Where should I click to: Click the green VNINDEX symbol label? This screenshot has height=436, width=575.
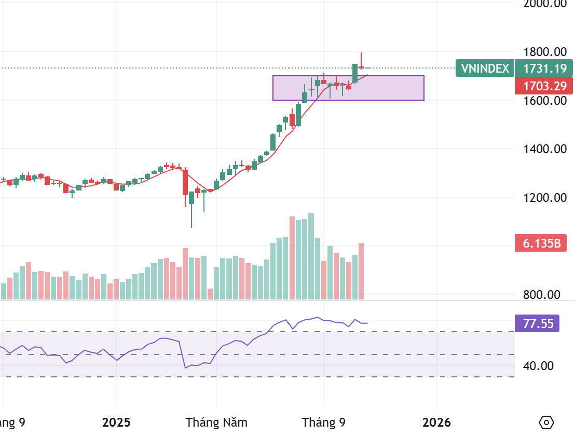pyautogui.click(x=484, y=68)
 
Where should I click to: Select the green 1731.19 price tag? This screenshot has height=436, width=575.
pyautogui.click(x=544, y=68)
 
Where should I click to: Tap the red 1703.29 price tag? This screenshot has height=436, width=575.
pyautogui.click(x=544, y=86)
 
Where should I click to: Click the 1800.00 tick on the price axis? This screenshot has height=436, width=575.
pyautogui.click(x=545, y=52)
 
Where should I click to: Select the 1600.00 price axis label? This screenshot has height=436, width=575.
pyautogui.click(x=545, y=100)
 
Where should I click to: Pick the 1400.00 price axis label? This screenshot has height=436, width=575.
pyautogui.click(x=545, y=149)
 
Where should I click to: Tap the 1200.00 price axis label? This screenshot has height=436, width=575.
pyautogui.click(x=545, y=198)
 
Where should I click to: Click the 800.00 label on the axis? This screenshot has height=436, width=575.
pyautogui.click(x=541, y=295)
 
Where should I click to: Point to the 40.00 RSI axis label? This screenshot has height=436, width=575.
pyautogui.click(x=538, y=366)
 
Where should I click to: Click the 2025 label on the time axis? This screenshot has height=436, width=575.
pyautogui.click(x=117, y=422)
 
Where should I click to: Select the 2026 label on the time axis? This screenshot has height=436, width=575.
pyautogui.click(x=436, y=422)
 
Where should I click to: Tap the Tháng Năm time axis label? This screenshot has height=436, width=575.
pyautogui.click(x=216, y=422)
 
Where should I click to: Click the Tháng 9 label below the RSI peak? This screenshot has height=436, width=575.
pyautogui.click(x=324, y=422)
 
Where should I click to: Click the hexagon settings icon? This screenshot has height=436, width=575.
pyautogui.click(x=546, y=422)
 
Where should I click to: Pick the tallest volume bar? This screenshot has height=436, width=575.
pyautogui.click(x=311, y=256)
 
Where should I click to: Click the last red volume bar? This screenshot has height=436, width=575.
pyautogui.click(x=361, y=271)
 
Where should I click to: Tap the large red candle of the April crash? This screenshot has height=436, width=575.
pyautogui.click(x=185, y=182)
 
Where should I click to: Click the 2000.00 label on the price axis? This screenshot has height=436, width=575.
pyautogui.click(x=545, y=4)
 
